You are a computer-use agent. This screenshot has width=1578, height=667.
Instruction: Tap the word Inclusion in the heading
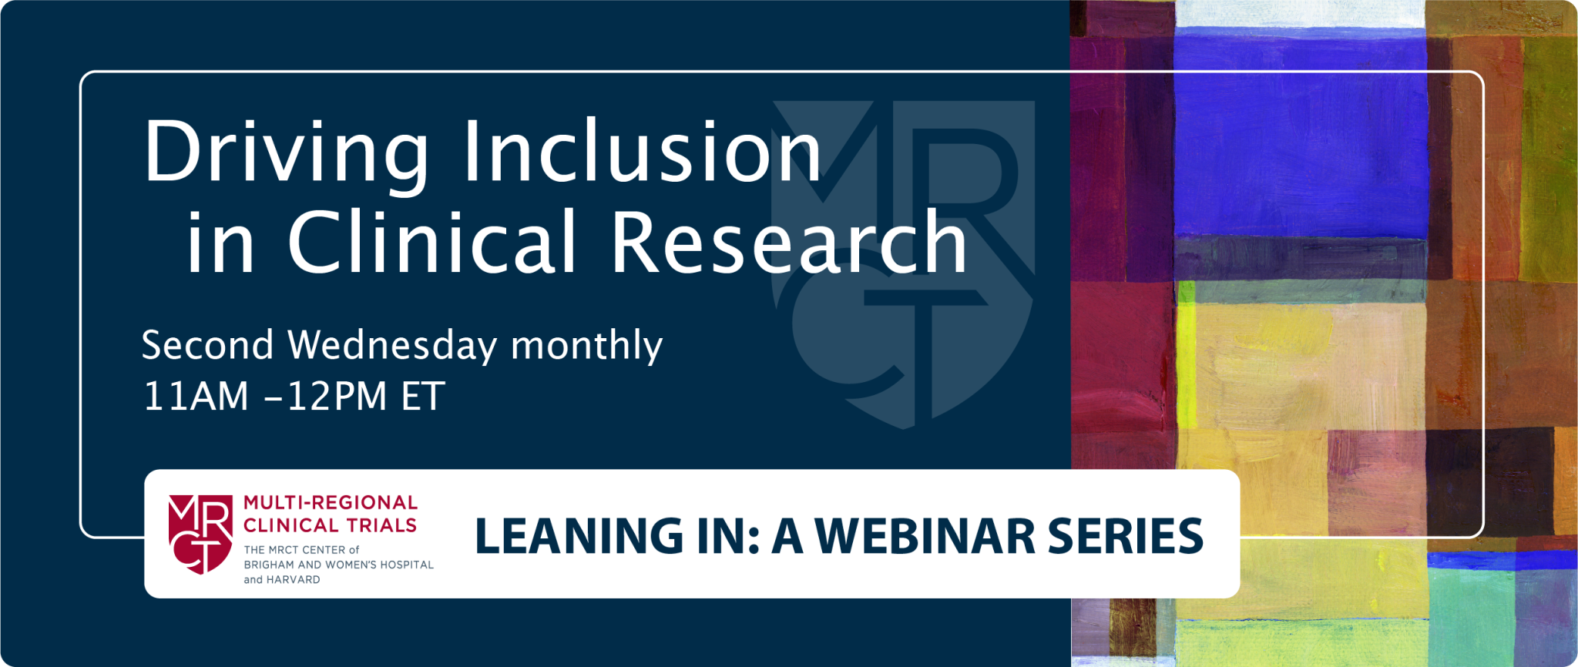(641, 152)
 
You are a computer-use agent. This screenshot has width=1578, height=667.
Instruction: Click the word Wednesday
(392, 346)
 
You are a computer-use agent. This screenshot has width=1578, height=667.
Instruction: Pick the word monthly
(586, 346)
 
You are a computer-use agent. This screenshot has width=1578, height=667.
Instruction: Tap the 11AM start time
(196, 397)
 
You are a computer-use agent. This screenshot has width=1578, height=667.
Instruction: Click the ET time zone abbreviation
(423, 397)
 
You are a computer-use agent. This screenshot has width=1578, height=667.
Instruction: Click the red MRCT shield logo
(200, 534)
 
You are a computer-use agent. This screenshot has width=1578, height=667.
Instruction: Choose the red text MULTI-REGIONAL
(331, 503)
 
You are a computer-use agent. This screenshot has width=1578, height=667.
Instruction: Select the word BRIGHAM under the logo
(269, 565)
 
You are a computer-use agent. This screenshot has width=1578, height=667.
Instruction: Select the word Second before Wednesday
(207, 346)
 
